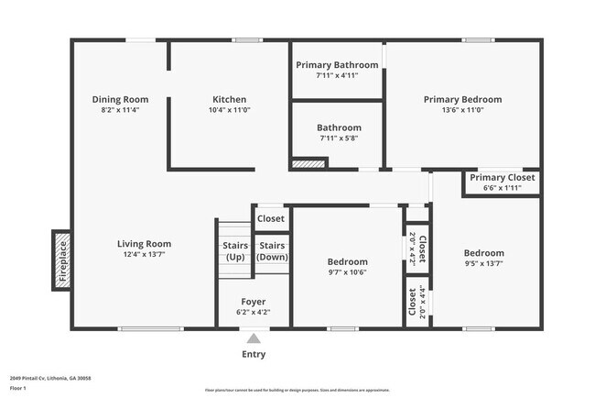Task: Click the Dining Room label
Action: click(x=120, y=99)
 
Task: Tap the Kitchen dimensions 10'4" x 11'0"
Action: click(x=229, y=110)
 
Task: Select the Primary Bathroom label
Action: click(x=336, y=65)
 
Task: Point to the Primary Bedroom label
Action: click(x=462, y=99)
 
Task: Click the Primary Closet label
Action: click(x=502, y=177)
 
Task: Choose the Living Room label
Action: click(x=144, y=244)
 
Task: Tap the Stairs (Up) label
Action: click(x=235, y=251)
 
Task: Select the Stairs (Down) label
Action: click(x=271, y=251)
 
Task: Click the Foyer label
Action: click(x=254, y=302)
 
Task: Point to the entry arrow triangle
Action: click(x=254, y=338)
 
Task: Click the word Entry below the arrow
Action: click(x=254, y=354)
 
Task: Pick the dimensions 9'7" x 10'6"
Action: click(x=348, y=272)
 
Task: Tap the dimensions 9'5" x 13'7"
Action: click(x=483, y=264)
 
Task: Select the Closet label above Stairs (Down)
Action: click(x=271, y=219)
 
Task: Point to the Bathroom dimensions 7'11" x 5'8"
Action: click(x=339, y=138)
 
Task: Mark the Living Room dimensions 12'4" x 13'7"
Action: click(x=144, y=255)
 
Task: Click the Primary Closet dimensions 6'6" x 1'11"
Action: click(x=502, y=188)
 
